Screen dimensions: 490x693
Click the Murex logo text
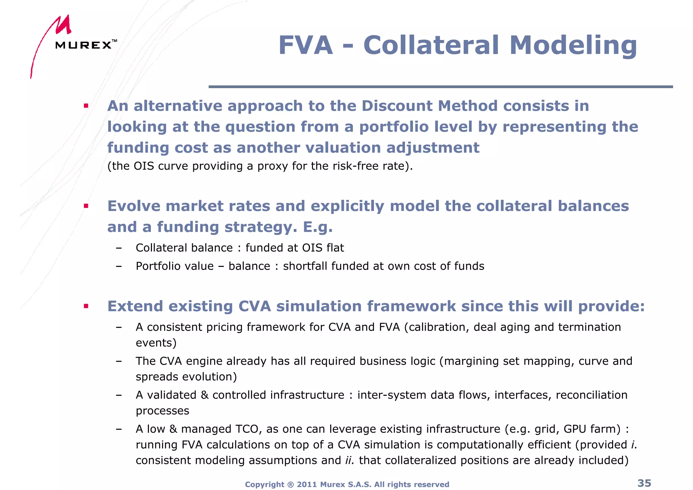tap(84, 45)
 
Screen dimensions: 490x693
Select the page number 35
tap(644, 483)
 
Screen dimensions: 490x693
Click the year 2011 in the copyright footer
tap(307, 485)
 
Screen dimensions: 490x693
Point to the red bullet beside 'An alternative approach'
tap(86, 106)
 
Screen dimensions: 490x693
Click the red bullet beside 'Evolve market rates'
tap(86, 206)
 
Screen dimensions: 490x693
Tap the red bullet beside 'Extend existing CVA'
tap(86, 306)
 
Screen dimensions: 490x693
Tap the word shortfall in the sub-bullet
tap(305, 266)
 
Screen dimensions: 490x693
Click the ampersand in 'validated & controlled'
tap(204, 395)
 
